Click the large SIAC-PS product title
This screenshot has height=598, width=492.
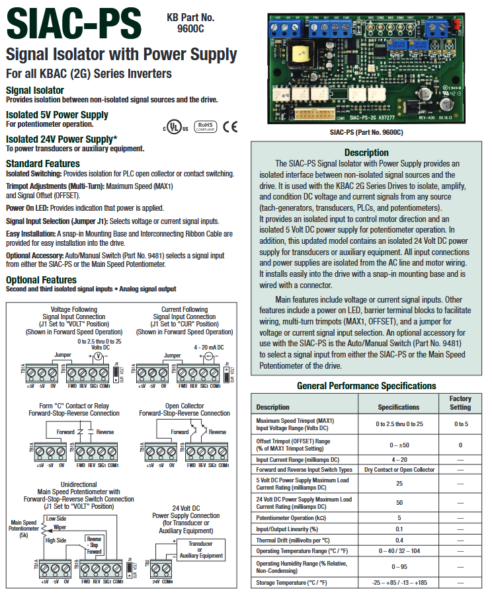coord(74,24)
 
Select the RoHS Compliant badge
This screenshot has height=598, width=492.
coord(206,127)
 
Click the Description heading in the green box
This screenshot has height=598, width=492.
coord(366,153)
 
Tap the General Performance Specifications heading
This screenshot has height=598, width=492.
coord(366,386)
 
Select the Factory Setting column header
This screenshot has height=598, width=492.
coord(460,403)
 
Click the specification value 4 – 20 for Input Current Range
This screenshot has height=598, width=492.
coord(398,459)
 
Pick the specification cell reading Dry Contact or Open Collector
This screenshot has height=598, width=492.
coord(399,470)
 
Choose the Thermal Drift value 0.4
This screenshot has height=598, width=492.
coord(398,541)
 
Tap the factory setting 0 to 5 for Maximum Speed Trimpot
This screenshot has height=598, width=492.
coord(460,424)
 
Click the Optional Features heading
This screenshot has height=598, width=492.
coord(41,280)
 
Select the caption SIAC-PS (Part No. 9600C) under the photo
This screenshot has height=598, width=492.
coord(366,132)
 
